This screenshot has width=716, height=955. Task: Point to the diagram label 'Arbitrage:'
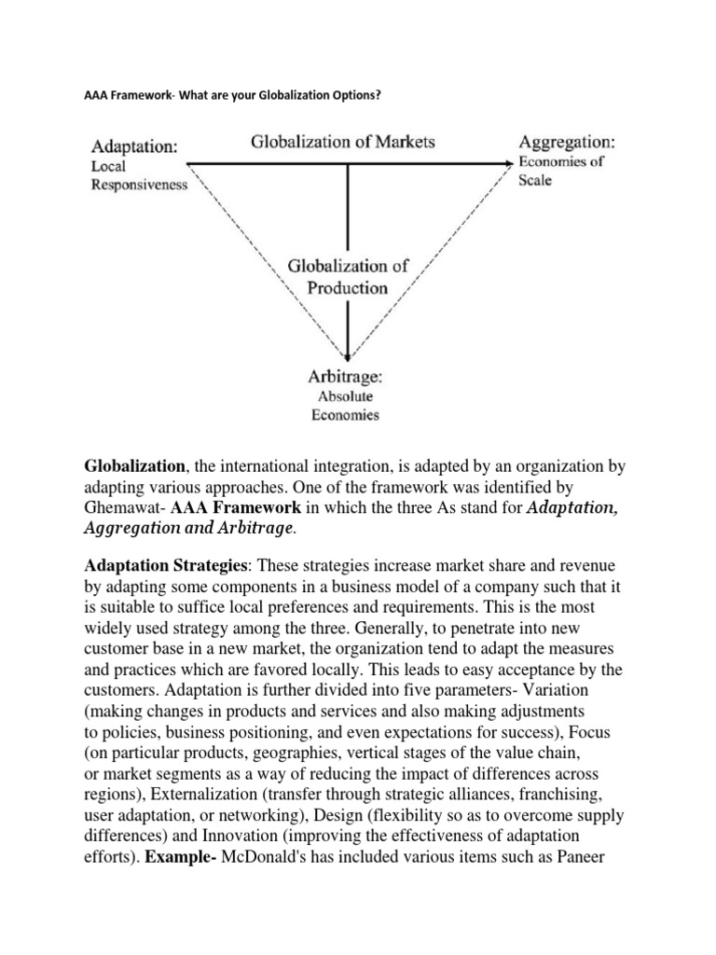pyautogui.click(x=346, y=378)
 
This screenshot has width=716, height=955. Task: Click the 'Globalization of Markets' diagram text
pyautogui.click(x=343, y=142)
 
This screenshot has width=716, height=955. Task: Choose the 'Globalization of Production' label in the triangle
pyautogui.click(x=347, y=277)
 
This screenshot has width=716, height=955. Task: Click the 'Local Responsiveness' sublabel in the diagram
pyautogui.click(x=138, y=175)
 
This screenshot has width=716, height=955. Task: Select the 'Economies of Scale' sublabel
pyautogui.click(x=560, y=171)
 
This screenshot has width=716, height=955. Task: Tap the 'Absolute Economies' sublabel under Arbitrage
pyautogui.click(x=345, y=406)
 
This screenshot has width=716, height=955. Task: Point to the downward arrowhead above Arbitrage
pyautogui.click(x=348, y=355)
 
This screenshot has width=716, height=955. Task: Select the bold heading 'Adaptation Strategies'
pyautogui.click(x=157, y=566)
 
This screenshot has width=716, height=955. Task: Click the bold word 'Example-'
pyautogui.click(x=177, y=855)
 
